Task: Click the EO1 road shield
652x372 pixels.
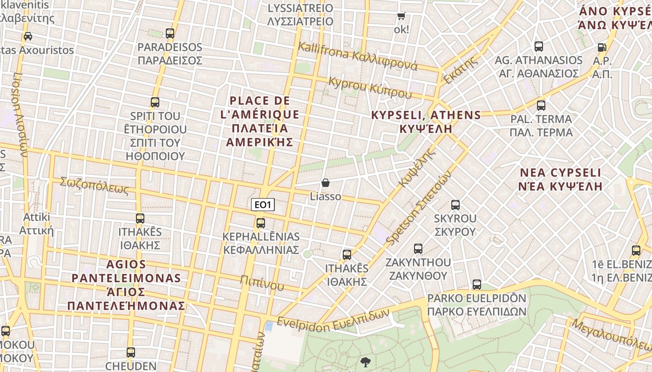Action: (263, 205)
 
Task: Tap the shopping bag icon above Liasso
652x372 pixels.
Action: (326, 183)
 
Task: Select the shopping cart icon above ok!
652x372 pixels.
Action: (401, 16)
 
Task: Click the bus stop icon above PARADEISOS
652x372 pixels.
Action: (170, 33)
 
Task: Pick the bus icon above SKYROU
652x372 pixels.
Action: (455, 205)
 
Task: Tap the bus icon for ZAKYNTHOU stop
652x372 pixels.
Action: (418, 249)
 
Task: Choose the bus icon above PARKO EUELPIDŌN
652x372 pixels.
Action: (476, 285)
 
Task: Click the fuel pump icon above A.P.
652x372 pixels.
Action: (602, 47)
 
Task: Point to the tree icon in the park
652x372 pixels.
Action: (366, 362)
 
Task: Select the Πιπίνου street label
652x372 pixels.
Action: (262, 282)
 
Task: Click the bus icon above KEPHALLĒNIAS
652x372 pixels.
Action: (261, 223)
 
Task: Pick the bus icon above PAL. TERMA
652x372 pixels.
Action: (541, 106)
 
